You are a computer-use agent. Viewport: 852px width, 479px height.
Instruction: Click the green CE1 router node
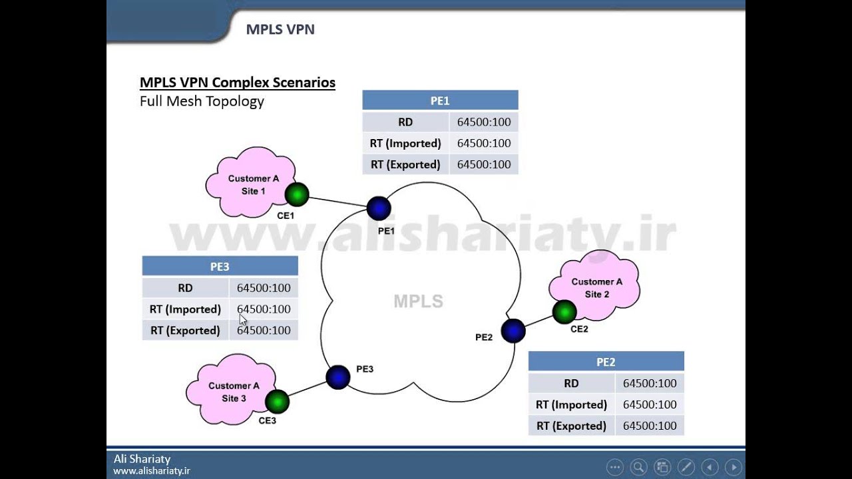[x=297, y=195]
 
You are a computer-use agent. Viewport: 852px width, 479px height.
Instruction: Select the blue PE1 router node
[x=379, y=208]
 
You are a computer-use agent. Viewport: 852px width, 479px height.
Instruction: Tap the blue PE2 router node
[x=513, y=331]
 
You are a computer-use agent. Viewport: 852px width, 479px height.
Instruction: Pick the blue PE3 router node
[x=338, y=377]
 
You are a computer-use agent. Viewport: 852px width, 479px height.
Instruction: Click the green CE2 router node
[x=564, y=311]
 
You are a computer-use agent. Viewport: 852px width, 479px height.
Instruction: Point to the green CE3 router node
[x=277, y=401]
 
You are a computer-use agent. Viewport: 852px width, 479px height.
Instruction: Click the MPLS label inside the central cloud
[x=418, y=301]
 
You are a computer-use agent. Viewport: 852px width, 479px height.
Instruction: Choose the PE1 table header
[x=440, y=100]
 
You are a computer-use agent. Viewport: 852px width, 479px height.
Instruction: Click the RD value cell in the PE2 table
[x=650, y=383]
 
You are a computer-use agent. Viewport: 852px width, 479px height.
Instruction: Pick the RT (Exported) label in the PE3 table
[x=185, y=331]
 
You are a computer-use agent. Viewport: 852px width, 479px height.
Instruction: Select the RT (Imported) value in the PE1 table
[x=484, y=143]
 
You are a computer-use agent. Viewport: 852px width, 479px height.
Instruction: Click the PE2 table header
[x=606, y=362]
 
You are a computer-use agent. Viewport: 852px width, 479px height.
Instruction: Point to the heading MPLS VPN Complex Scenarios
[x=238, y=82]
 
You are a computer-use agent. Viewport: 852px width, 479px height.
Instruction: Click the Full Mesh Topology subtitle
[x=202, y=101]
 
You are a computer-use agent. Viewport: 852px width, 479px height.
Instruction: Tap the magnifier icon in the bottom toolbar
[x=638, y=466]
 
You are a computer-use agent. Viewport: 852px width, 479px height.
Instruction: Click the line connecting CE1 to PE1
[x=337, y=202]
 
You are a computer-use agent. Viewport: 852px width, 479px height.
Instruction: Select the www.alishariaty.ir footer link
[x=152, y=470]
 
